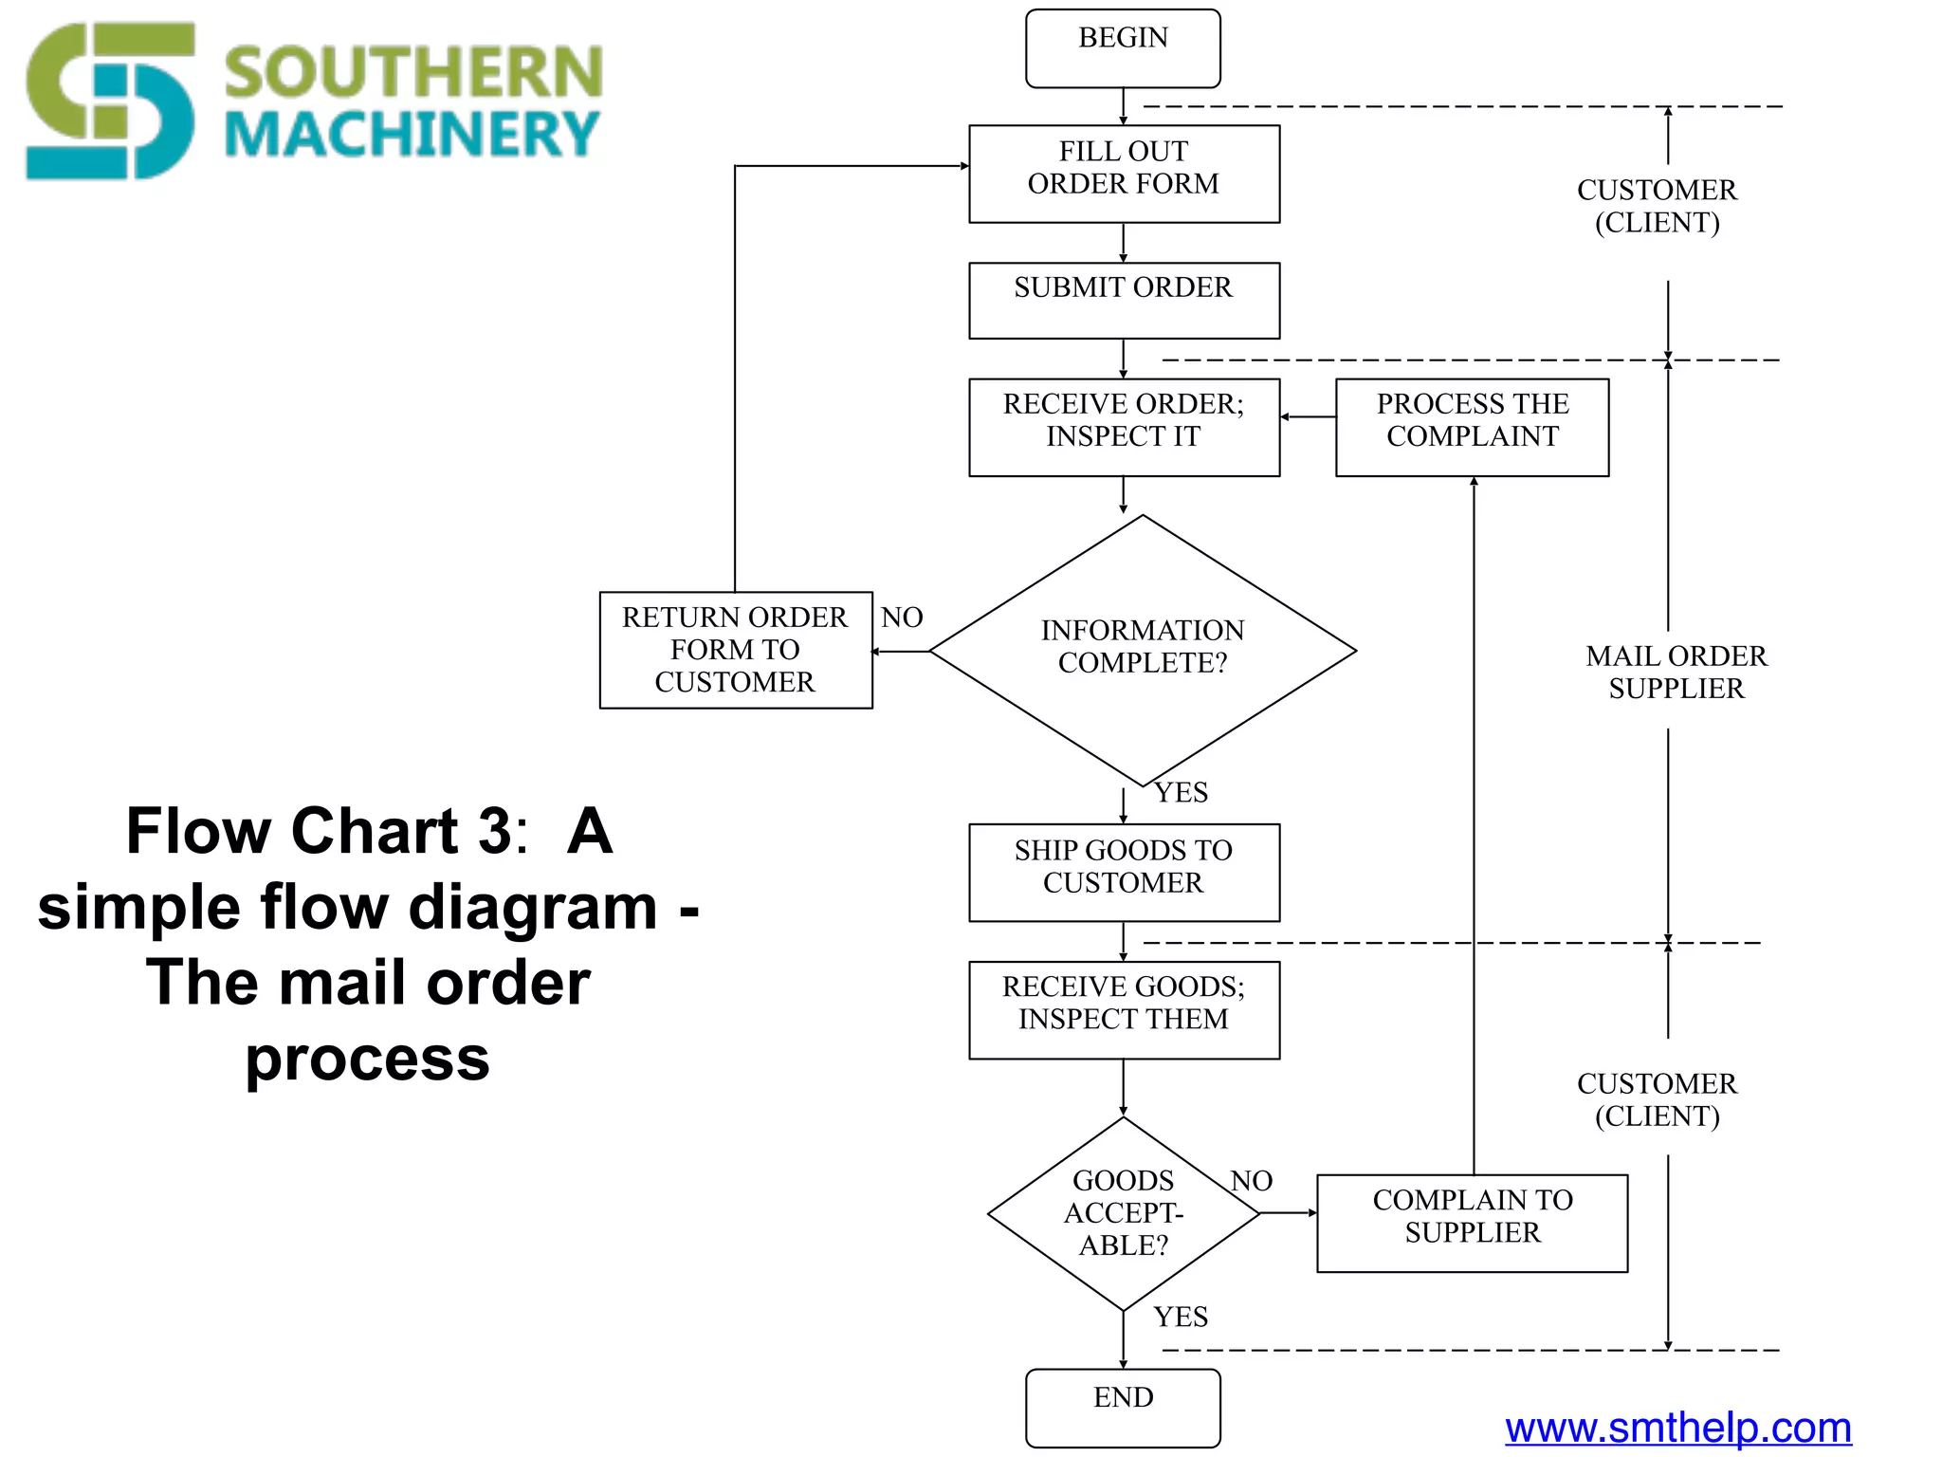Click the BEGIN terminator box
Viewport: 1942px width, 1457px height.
pyautogui.click(x=1123, y=48)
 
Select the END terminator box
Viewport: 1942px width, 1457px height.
pyautogui.click(x=1123, y=1407)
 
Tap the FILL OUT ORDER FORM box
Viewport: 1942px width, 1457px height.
pyautogui.click(x=1124, y=174)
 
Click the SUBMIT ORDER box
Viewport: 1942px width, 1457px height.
pyautogui.click(x=1124, y=300)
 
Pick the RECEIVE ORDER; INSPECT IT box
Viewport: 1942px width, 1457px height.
pyautogui.click(x=1124, y=427)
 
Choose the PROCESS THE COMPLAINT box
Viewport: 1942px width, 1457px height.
pyautogui.click(x=1472, y=427)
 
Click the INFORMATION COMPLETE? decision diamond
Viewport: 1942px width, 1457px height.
pyautogui.click(x=1143, y=650)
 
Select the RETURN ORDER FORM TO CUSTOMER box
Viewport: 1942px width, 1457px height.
pyautogui.click(x=735, y=650)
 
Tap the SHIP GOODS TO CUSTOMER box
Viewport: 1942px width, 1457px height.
pyautogui.click(x=1124, y=872)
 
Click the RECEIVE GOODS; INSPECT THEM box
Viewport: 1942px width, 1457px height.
pyautogui.click(x=1124, y=1009)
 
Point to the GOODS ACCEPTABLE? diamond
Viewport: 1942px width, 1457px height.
pyautogui.click(x=1124, y=1213)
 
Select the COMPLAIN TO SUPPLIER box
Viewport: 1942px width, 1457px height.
pyautogui.click(x=1472, y=1223)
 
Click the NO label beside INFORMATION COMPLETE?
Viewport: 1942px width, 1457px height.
pyautogui.click(x=902, y=618)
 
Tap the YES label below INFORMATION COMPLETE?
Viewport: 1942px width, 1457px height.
pyautogui.click(x=1181, y=792)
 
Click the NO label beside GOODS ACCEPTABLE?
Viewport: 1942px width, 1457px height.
pyautogui.click(x=1251, y=1181)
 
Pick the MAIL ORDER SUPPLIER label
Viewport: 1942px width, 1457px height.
pyautogui.click(x=1676, y=672)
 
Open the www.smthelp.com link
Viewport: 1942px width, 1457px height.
pyautogui.click(x=1677, y=1428)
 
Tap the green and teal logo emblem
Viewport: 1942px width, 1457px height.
pyautogui.click(x=110, y=101)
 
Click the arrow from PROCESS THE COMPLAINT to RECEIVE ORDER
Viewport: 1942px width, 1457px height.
pyautogui.click(x=1308, y=416)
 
